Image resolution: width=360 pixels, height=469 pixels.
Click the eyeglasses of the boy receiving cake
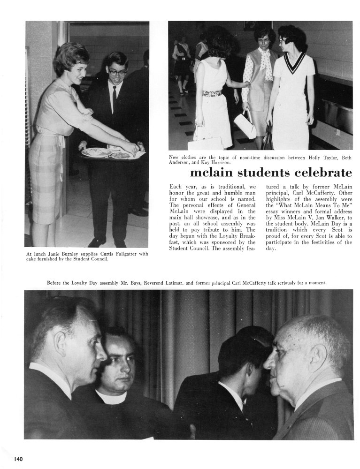(117, 73)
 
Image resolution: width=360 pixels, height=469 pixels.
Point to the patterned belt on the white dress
(212, 93)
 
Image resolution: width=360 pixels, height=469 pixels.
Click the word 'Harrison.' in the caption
(217, 163)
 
